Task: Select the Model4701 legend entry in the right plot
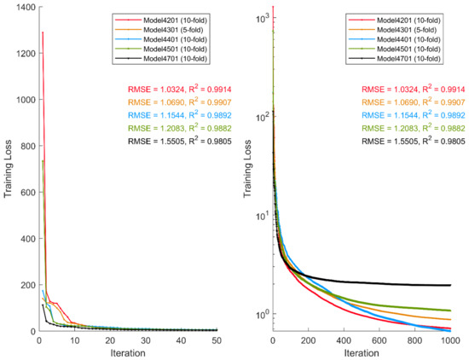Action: tap(406, 58)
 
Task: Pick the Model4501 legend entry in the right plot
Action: tap(406, 48)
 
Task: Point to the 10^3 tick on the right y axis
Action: tap(260, 16)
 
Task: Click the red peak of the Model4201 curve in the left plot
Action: tap(42, 32)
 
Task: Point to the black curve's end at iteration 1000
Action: tap(450, 285)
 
